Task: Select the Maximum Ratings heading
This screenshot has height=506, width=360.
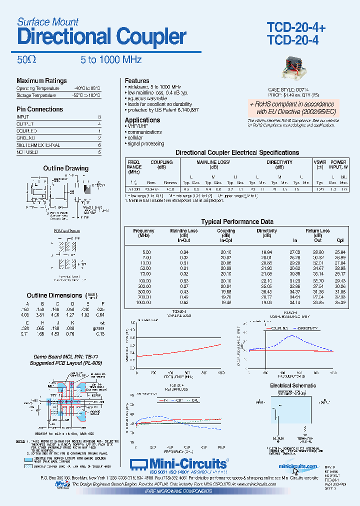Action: [x=41, y=81]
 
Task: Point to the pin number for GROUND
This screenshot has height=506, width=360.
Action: [x=99, y=138]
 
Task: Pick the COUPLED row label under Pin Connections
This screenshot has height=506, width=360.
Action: [x=26, y=131]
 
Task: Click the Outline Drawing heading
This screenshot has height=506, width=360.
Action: [x=65, y=168]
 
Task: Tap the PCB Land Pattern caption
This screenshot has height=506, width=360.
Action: [x=66, y=231]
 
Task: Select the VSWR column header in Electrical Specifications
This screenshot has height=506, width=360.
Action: [x=320, y=162]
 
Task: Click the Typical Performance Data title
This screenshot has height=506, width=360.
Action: [x=237, y=221]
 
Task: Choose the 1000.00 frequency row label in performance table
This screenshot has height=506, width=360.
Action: [x=143, y=302]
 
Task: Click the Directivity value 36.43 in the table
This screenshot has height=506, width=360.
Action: [x=266, y=291]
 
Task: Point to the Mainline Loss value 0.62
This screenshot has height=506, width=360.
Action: [x=184, y=302]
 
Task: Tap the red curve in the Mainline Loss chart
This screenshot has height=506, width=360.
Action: [x=180, y=349]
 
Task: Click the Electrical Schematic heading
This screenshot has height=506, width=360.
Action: [x=293, y=385]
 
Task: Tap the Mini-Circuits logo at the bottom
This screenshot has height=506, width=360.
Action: [x=179, y=463]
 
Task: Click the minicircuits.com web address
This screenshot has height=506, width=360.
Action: [x=298, y=466]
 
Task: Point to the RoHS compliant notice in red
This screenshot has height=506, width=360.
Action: [x=292, y=108]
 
